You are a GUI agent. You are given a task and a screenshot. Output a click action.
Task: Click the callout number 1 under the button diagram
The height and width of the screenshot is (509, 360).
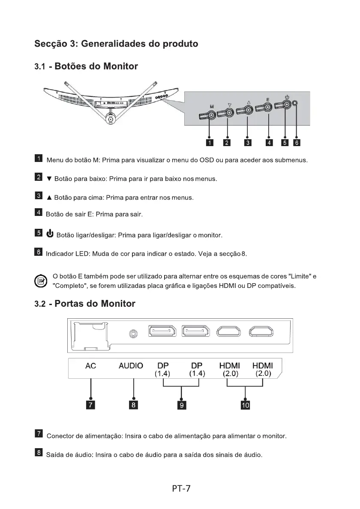210,143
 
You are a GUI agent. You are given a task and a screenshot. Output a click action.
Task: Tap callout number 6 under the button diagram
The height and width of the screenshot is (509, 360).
296,143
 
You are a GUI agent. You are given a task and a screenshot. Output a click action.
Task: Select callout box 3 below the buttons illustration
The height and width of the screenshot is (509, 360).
248,143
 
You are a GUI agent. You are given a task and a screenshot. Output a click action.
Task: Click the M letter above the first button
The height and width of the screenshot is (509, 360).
212,106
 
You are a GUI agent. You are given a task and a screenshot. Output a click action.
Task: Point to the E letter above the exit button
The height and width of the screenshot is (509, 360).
267,100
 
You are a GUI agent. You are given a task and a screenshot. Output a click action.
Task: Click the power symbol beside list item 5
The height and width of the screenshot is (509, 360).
50,234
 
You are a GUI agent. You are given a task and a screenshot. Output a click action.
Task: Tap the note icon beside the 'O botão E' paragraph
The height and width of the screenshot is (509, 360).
41,281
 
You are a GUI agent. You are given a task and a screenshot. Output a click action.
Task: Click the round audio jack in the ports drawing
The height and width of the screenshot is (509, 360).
134,332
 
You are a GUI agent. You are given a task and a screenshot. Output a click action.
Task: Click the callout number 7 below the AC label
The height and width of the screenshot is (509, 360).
91,404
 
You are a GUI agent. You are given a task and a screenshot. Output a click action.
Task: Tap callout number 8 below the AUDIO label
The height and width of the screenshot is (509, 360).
134,404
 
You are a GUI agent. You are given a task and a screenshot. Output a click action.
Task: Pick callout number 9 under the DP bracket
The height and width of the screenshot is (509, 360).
182,404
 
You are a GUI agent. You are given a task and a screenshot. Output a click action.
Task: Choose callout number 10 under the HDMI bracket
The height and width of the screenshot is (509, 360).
245,404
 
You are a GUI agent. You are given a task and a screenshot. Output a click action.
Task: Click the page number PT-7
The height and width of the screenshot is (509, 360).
181,488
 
